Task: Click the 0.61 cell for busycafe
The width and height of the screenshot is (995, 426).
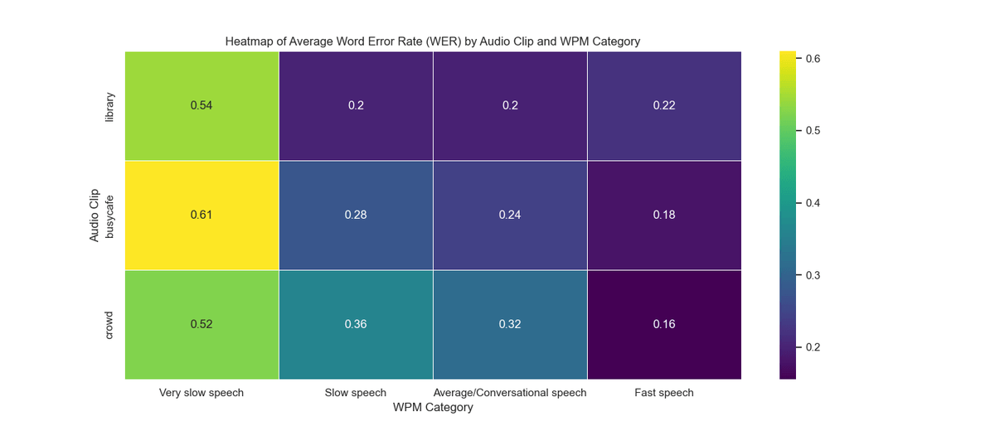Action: (x=201, y=215)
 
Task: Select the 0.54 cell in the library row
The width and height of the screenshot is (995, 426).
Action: (x=201, y=105)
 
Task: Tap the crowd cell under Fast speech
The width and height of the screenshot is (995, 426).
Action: (x=663, y=324)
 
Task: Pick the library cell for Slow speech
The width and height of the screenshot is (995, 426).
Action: (x=356, y=105)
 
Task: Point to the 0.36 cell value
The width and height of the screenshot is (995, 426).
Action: (x=356, y=324)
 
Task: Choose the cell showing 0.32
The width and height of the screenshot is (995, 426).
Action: (x=510, y=324)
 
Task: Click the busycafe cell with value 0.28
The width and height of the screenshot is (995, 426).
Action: (x=356, y=215)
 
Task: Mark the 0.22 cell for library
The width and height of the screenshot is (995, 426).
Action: (x=663, y=105)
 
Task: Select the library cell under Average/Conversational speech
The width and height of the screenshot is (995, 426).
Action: (x=510, y=105)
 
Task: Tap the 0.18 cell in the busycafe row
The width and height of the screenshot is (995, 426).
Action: (x=663, y=215)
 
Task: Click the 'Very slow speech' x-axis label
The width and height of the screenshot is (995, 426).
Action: (x=201, y=393)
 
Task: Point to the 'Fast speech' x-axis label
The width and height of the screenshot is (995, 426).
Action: (x=663, y=393)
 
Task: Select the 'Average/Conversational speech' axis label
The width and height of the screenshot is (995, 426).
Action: (x=510, y=393)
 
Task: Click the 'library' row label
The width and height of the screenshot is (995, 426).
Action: (x=110, y=106)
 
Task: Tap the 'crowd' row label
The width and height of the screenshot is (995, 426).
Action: (x=110, y=324)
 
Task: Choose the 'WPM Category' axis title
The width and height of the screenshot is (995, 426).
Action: (x=433, y=408)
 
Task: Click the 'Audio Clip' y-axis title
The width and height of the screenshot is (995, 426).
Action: (x=95, y=215)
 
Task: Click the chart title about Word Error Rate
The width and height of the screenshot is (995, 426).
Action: (x=433, y=41)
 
